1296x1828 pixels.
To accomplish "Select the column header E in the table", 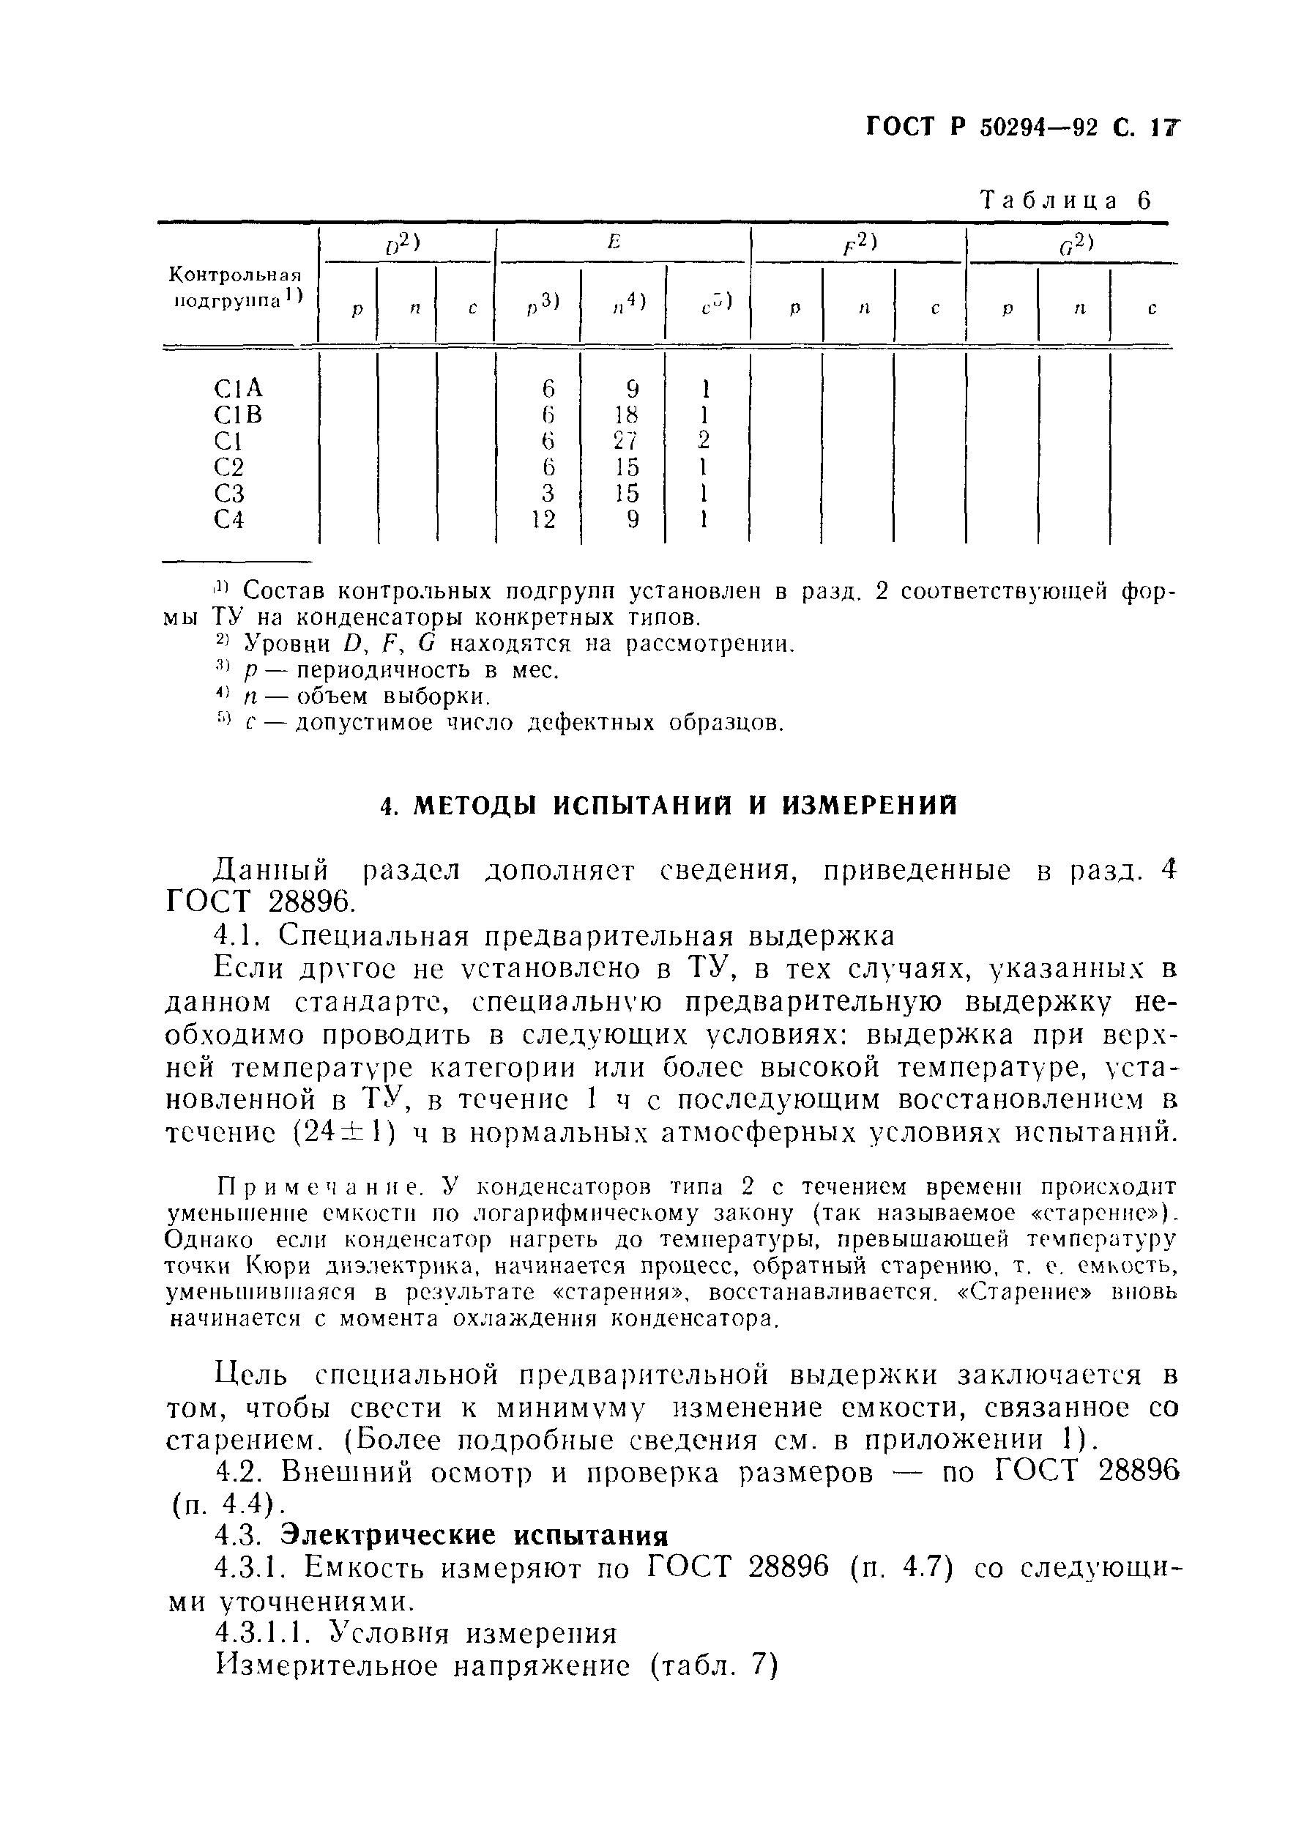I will tap(613, 242).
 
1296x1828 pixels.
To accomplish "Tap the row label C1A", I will tap(238, 389).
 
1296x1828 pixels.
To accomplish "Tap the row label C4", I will tap(229, 520).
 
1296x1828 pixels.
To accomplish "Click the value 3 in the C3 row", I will tap(548, 494).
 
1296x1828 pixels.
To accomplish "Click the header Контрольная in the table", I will tap(237, 275).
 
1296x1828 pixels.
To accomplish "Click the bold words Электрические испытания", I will tap(474, 1535).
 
